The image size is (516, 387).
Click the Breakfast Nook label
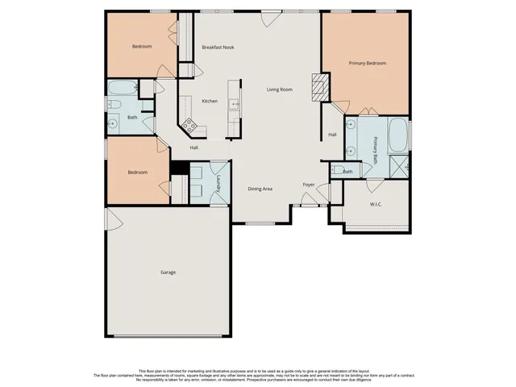(x=218, y=48)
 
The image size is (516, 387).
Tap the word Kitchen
(x=210, y=101)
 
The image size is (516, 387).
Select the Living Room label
(x=280, y=89)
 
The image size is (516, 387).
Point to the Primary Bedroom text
(x=367, y=63)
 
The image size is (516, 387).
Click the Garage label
(x=168, y=272)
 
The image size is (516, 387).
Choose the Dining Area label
(x=260, y=189)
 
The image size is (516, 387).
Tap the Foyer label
(x=308, y=185)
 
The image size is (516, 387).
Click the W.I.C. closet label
(x=376, y=205)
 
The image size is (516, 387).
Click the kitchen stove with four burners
(x=190, y=125)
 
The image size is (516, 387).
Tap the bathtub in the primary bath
(x=398, y=135)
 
